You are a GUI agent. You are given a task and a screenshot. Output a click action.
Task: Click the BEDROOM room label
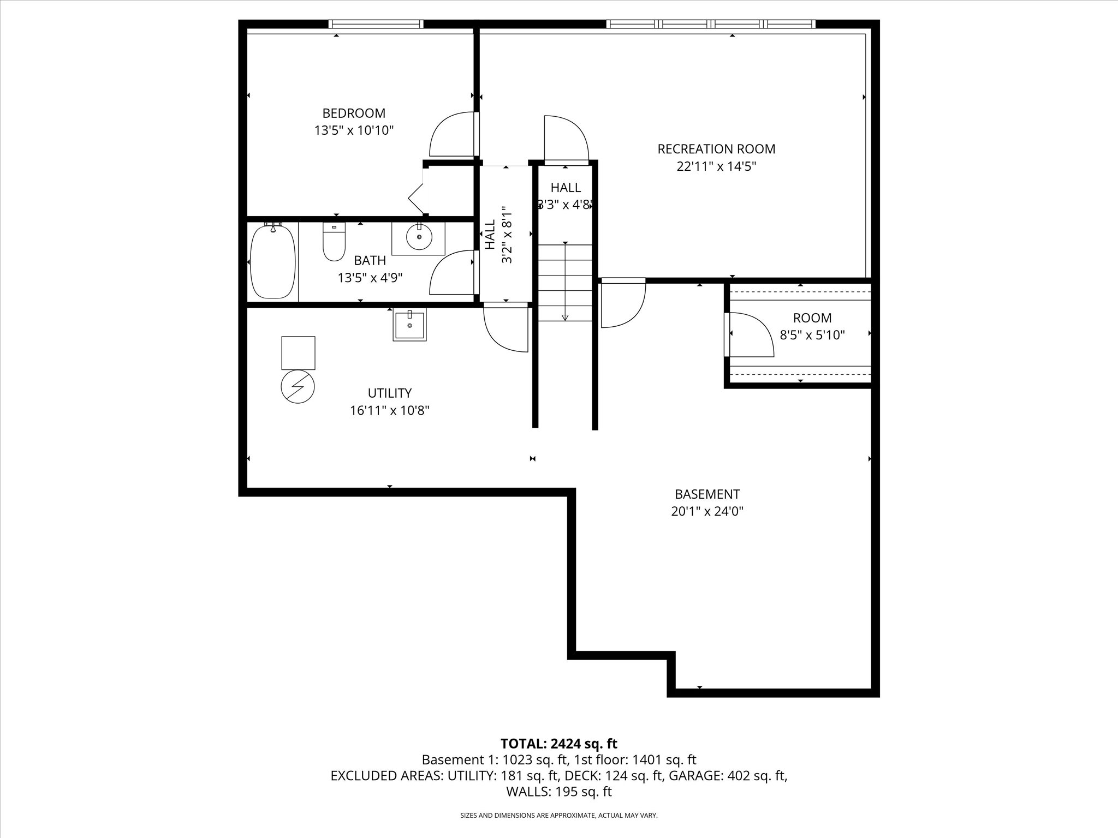coord(354,113)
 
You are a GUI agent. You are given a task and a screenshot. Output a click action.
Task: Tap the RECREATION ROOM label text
coord(716,149)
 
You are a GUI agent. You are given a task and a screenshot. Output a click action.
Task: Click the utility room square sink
coord(409,326)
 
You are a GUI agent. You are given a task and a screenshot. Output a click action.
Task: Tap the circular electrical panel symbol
coord(298,387)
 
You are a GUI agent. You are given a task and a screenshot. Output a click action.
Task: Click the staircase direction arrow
coord(565,282)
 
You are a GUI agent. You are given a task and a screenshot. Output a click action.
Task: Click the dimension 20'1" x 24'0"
coord(707,512)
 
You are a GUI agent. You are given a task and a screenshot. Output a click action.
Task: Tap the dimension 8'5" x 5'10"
coord(812,336)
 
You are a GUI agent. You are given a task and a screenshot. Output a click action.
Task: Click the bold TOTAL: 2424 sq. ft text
coord(559,744)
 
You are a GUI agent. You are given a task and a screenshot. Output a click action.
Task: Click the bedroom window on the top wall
coord(376,24)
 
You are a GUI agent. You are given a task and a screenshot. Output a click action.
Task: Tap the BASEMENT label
coord(707,494)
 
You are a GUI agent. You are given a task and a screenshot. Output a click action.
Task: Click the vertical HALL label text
coord(490,235)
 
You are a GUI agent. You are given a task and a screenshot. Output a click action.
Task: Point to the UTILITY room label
coord(390,393)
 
